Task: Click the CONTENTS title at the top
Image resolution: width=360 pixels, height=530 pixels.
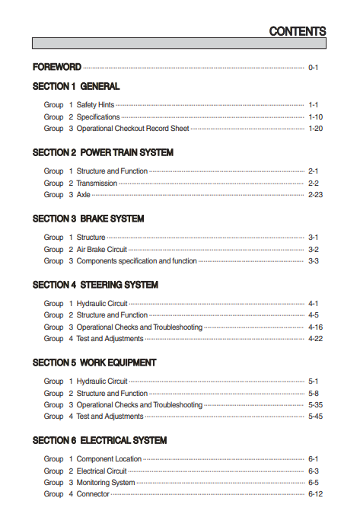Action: [298, 31]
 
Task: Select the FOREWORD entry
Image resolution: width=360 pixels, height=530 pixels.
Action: [57, 68]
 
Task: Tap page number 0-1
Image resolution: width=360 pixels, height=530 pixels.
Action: [313, 68]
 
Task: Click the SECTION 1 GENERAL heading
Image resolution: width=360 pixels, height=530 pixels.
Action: [76, 87]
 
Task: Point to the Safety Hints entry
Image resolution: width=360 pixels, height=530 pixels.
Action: [95, 105]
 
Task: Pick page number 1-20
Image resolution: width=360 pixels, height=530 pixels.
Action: [315, 129]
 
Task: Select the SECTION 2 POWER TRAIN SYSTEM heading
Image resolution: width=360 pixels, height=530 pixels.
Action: [103, 153]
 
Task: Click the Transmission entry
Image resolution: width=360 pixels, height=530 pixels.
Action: [97, 184]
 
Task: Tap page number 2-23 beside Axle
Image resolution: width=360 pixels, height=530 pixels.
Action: [315, 195]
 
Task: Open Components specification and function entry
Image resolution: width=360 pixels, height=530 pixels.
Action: [136, 261]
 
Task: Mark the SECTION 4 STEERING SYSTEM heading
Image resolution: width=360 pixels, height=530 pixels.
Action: [95, 285]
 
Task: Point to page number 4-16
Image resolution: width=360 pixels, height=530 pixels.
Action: [315, 327]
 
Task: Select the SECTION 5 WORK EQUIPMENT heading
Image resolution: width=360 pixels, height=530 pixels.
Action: [94, 362]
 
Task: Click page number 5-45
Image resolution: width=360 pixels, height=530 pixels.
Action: [315, 417]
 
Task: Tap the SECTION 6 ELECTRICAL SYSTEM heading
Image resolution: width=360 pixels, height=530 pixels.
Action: [99, 441]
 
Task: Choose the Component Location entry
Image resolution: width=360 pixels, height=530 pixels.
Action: [109, 459]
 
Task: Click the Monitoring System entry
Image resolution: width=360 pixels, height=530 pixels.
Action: [106, 483]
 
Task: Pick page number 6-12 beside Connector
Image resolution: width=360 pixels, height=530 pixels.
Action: [315, 494]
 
